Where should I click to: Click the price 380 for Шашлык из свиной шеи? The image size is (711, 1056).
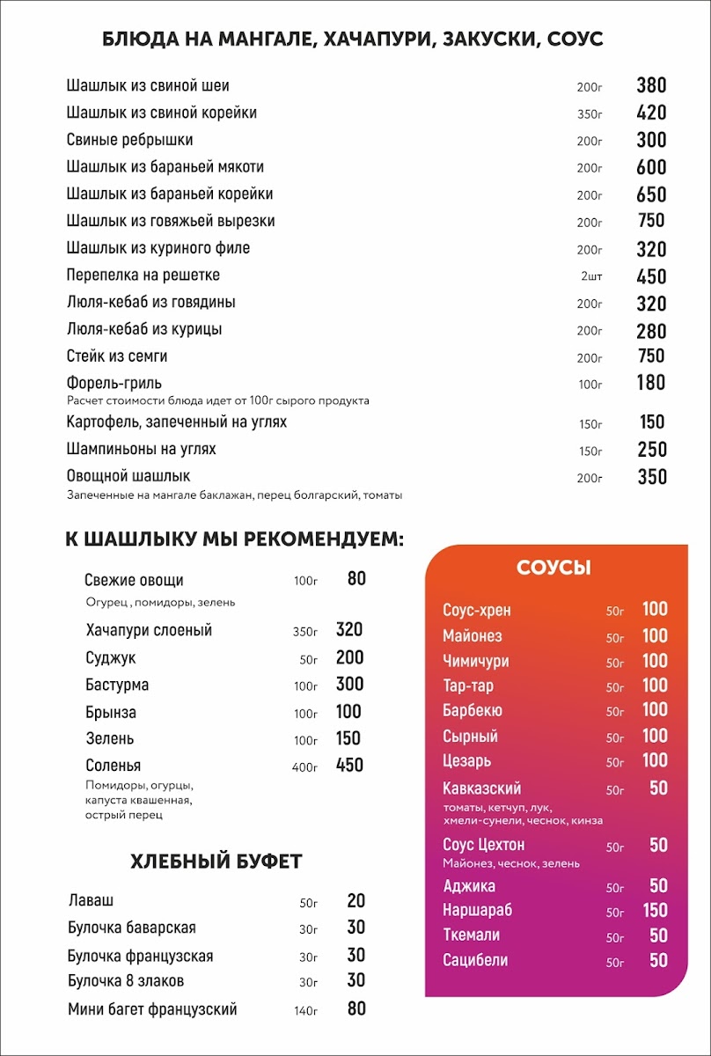click(x=651, y=85)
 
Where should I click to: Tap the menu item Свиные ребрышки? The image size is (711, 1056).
click(x=129, y=140)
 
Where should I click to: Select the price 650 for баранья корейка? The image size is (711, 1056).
click(x=651, y=194)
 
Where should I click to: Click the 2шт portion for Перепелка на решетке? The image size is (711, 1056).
click(x=591, y=277)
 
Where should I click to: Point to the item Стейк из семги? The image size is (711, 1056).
click(x=117, y=356)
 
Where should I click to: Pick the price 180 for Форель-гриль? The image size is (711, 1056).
click(x=651, y=383)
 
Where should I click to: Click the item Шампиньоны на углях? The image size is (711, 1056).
click(x=142, y=449)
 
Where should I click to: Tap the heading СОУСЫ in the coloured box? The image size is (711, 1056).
click(x=553, y=568)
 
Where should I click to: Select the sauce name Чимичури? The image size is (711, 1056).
click(x=476, y=661)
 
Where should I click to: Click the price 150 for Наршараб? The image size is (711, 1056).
click(x=655, y=910)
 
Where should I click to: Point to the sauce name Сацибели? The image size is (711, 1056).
click(x=475, y=960)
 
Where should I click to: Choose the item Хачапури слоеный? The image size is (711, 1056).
click(x=149, y=630)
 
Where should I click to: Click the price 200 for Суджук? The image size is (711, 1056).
click(x=349, y=657)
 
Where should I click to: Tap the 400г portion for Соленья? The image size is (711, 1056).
click(x=304, y=767)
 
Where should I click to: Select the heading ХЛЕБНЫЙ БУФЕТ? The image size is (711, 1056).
click(x=216, y=861)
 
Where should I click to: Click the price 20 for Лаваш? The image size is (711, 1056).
click(x=355, y=901)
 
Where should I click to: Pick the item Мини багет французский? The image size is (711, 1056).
click(x=152, y=1009)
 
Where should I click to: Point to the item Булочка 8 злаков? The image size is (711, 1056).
click(x=126, y=980)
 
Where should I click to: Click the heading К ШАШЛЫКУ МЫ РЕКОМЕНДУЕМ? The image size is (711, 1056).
click(x=234, y=539)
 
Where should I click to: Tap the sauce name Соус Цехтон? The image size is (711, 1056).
click(x=483, y=845)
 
